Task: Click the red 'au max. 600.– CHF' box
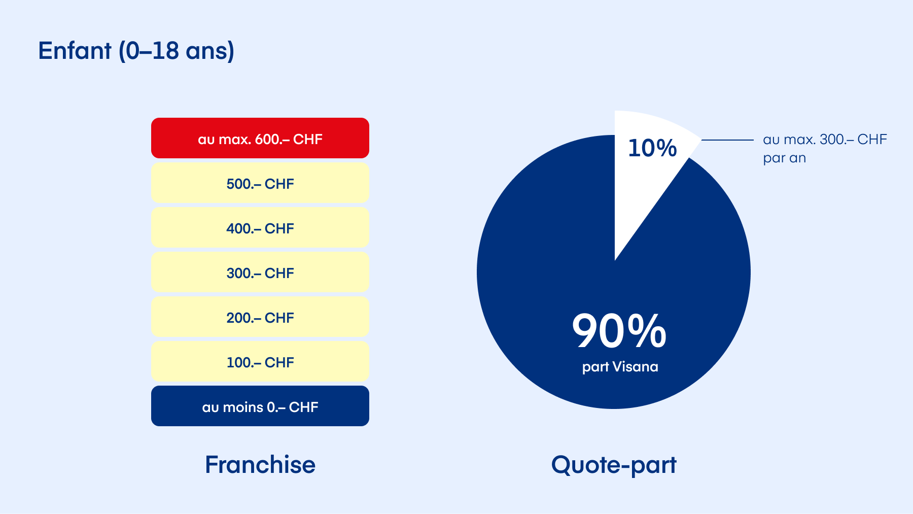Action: click(x=260, y=138)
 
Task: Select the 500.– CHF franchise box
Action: click(x=260, y=183)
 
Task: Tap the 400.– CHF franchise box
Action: click(x=260, y=227)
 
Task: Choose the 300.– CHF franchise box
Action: click(x=260, y=272)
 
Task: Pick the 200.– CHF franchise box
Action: click(x=260, y=317)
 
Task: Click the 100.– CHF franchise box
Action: click(x=260, y=361)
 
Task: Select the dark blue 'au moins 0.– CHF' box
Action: click(x=260, y=406)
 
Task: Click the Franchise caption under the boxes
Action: click(x=260, y=464)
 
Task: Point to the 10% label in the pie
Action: click(x=652, y=148)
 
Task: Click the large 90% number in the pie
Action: click(x=619, y=331)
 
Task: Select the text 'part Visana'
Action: click(x=620, y=367)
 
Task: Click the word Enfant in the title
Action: click(x=75, y=51)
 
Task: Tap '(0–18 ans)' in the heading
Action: click(x=177, y=51)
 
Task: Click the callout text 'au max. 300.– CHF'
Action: click(x=825, y=140)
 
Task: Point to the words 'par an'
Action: click(x=784, y=158)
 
